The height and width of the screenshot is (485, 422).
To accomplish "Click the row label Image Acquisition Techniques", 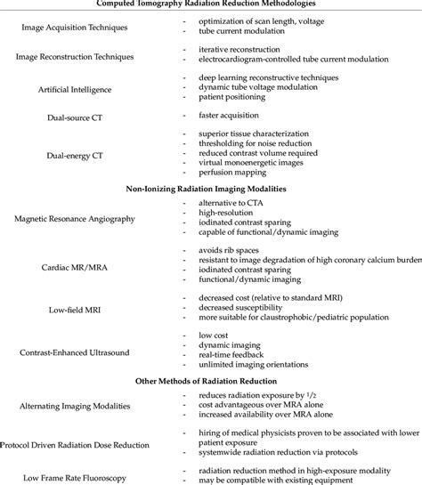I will click(73, 27).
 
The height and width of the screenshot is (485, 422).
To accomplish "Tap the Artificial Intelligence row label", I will click(73, 90).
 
